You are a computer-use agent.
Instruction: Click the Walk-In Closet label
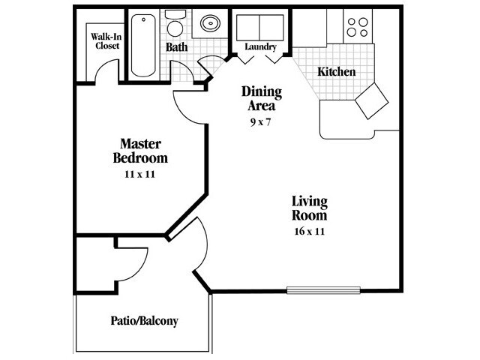coord(106,40)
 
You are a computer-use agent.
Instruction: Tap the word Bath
coord(177,47)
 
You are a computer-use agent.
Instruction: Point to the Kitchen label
coord(336,72)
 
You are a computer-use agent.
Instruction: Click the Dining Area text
coord(261,99)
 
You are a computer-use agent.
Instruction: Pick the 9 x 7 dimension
coord(261,121)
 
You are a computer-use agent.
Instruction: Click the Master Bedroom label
coord(140,151)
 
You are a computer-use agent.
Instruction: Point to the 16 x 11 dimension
coord(310,231)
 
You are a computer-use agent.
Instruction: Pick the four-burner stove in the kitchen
coord(357,26)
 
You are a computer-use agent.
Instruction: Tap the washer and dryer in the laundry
coord(259,26)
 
